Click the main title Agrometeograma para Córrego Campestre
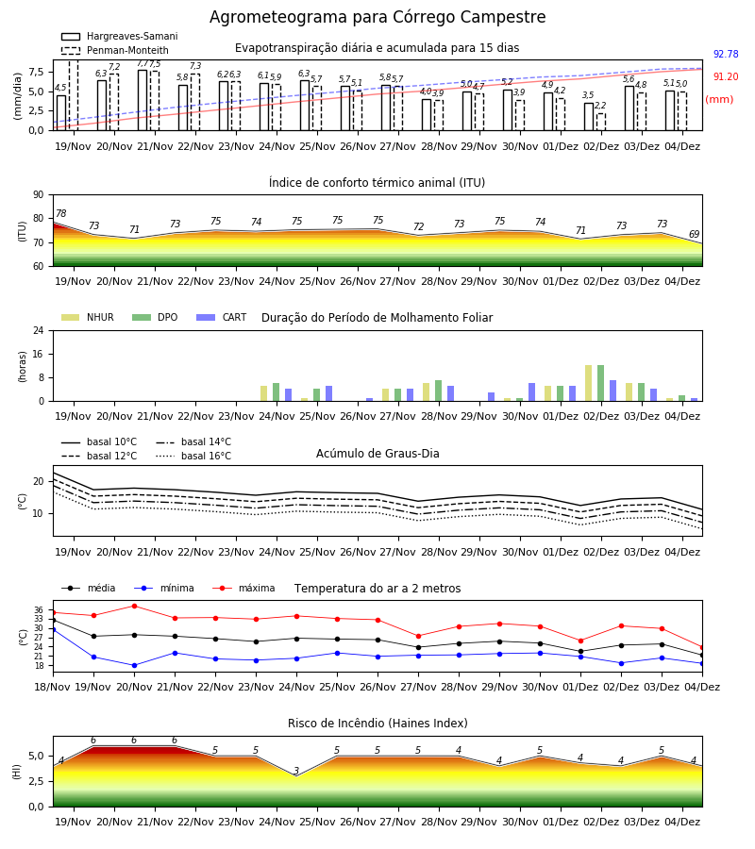(x=377, y=17)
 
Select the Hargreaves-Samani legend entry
(x=119, y=36)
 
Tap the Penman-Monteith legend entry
(x=115, y=50)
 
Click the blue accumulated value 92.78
(x=726, y=54)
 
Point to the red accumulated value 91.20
(x=726, y=77)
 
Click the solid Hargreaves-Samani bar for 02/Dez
(x=589, y=117)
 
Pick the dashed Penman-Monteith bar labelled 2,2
(x=601, y=122)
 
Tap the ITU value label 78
(x=61, y=213)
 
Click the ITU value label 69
(x=694, y=234)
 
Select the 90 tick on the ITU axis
(x=39, y=195)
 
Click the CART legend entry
(x=222, y=317)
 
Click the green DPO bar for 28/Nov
(x=438, y=391)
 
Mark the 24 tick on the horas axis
(x=39, y=330)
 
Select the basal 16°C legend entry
(x=193, y=456)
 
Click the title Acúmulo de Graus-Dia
(x=377, y=454)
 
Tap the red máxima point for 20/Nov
(x=134, y=606)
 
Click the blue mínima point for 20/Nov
(x=134, y=665)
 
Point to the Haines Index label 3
(x=296, y=771)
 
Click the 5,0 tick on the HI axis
(x=36, y=757)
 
